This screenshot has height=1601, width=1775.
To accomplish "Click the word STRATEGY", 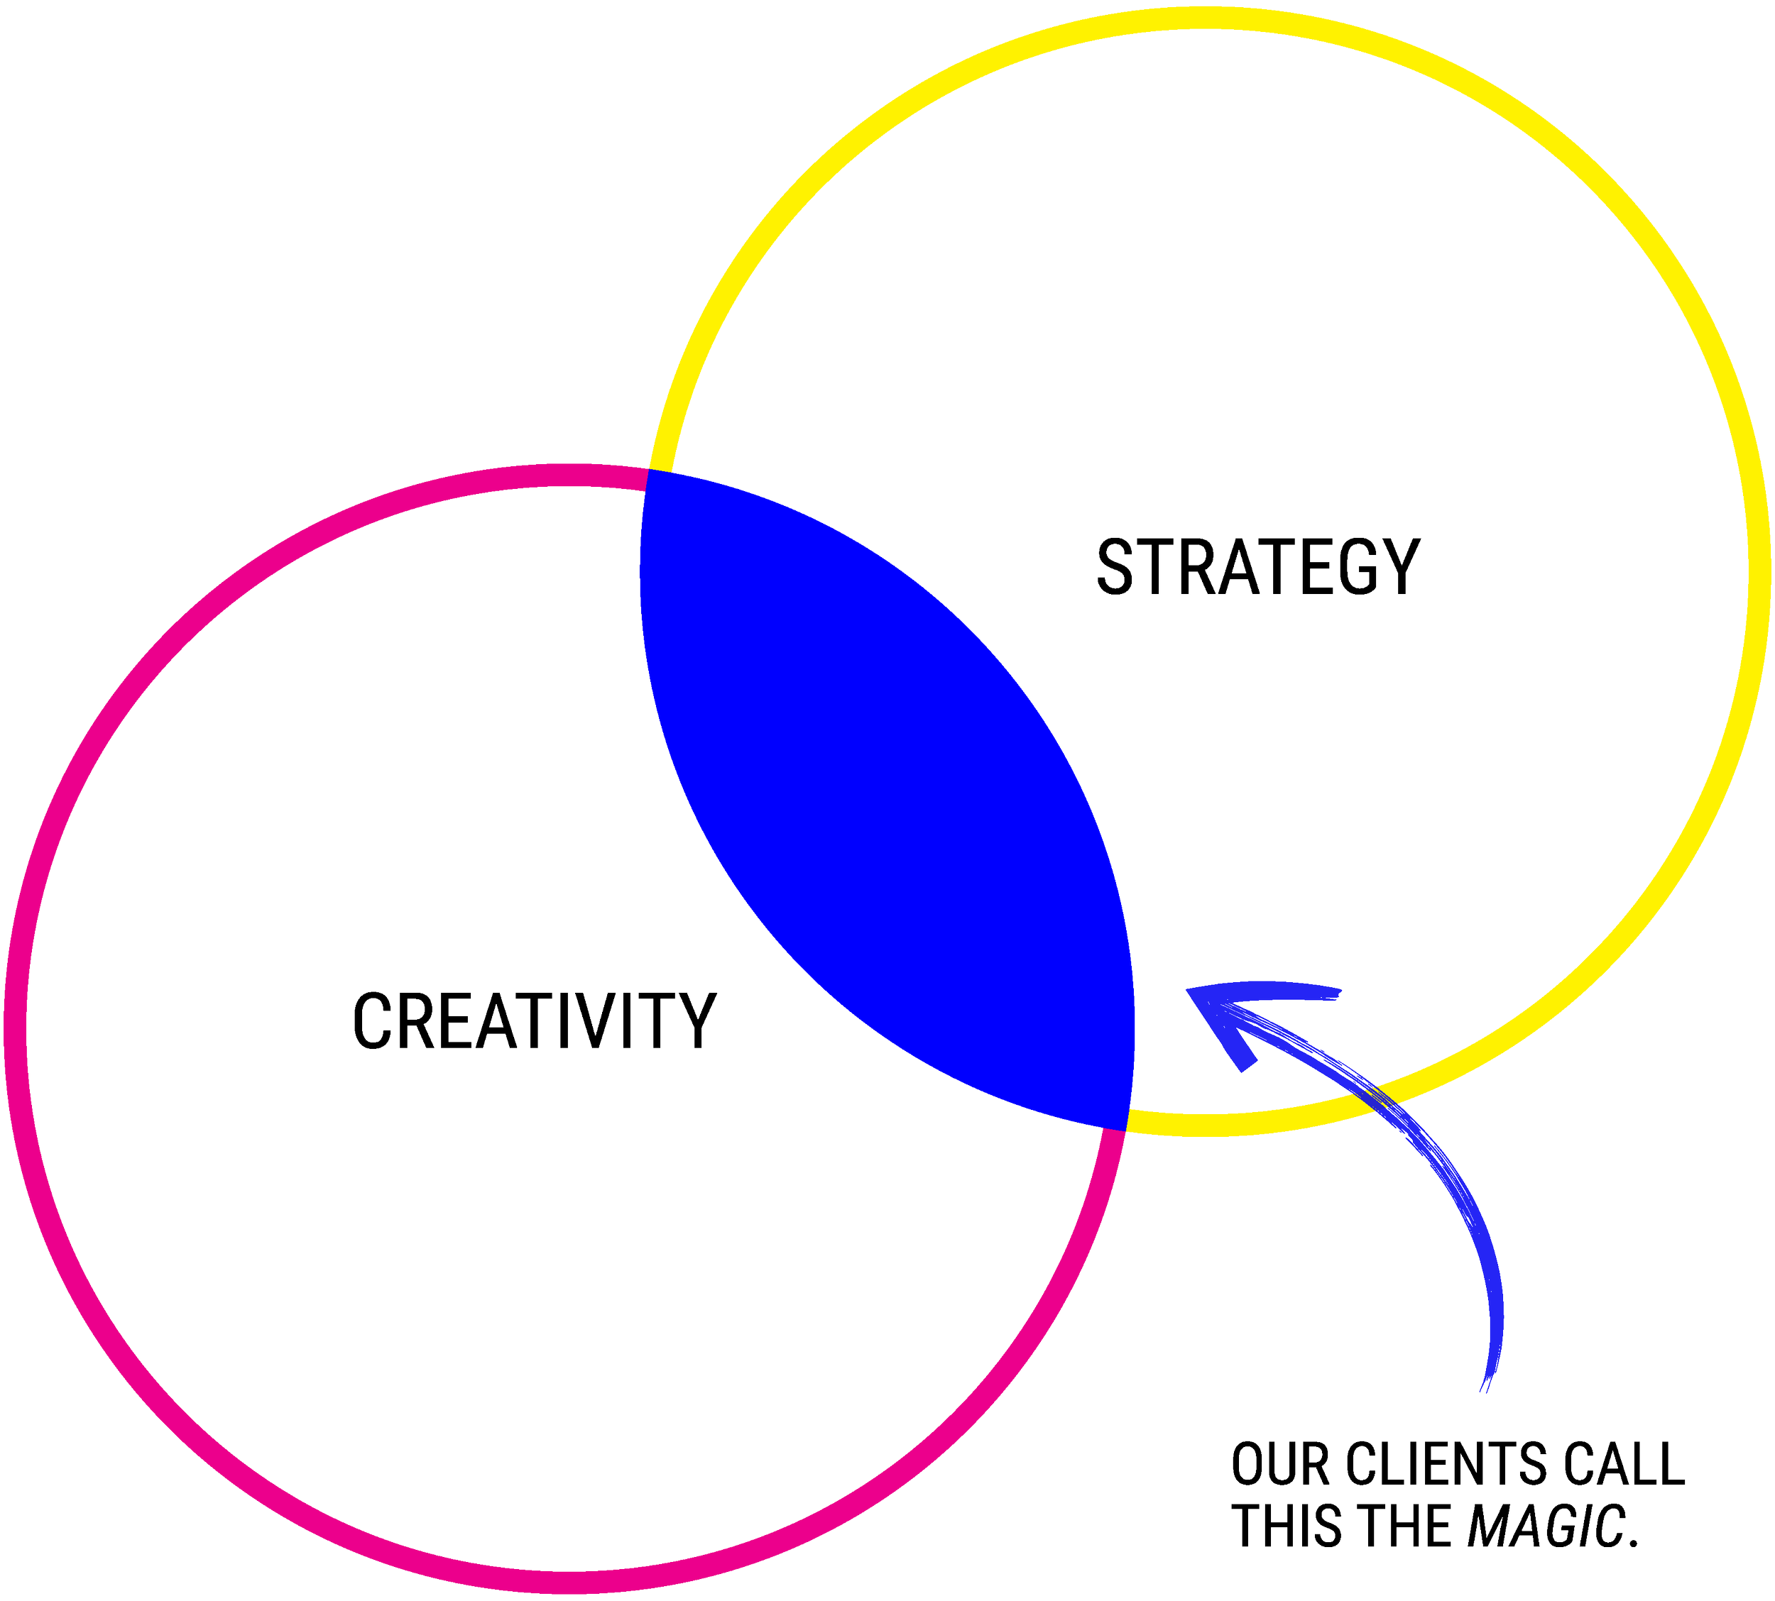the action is [x=1257, y=568].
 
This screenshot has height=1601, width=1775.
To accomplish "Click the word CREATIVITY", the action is [x=534, y=1020].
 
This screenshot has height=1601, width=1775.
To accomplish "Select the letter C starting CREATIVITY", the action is [x=371, y=1020].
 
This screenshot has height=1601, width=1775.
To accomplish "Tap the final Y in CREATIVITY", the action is [x=697, y=1020].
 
